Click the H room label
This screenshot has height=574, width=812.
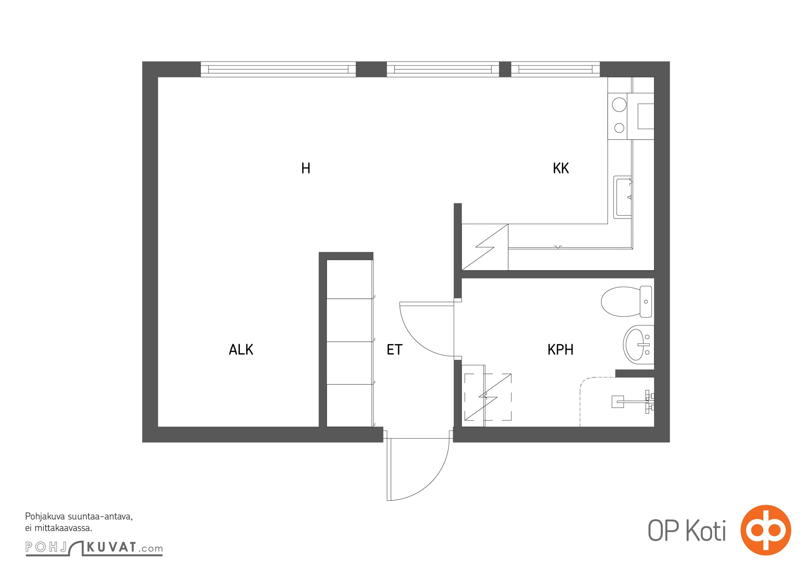(x=306, y=168)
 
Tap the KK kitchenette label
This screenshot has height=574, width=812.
(x=561, y=168)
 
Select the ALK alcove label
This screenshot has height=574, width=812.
(x=241, y=349)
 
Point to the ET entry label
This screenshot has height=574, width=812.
(x=395, y=349)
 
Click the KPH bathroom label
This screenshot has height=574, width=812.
(x=560, y=349)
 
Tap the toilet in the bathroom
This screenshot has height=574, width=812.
(x=626, y=301)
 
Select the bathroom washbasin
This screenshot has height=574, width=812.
(x=638, y=345)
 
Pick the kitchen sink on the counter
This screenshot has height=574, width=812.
(x=623, y=197)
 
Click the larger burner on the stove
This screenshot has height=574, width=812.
(x=619, y=105)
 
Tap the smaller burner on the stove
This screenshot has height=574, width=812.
(x=619, y=128)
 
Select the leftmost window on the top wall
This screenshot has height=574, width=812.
(x=278, y=69)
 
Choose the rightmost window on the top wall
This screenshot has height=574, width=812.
(x=555, y=69)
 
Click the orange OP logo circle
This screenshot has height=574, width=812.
(x=766, y=530)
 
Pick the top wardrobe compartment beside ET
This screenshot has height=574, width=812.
(x=349, y=279)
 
